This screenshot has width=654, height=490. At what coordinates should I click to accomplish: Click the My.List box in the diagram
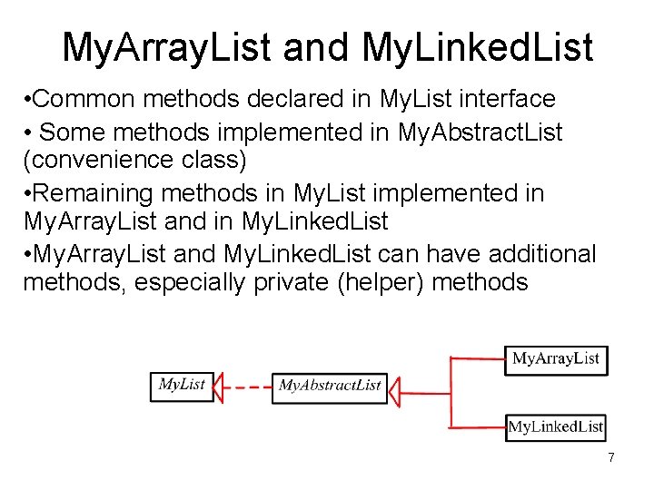click(182, 385)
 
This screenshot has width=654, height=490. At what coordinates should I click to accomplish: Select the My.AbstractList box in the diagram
click(329, 386)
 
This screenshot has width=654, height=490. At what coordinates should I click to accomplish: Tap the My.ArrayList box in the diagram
click(556, 358)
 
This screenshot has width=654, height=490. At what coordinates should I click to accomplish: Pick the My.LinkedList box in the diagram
click(556, 426)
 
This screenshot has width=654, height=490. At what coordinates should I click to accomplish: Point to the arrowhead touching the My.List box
click(221, 387)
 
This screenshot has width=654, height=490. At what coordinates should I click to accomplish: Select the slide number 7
click(611, 458)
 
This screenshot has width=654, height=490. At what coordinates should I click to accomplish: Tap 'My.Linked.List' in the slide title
click(477, 47)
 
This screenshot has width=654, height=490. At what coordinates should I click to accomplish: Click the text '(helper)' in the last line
click(382, 281)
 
